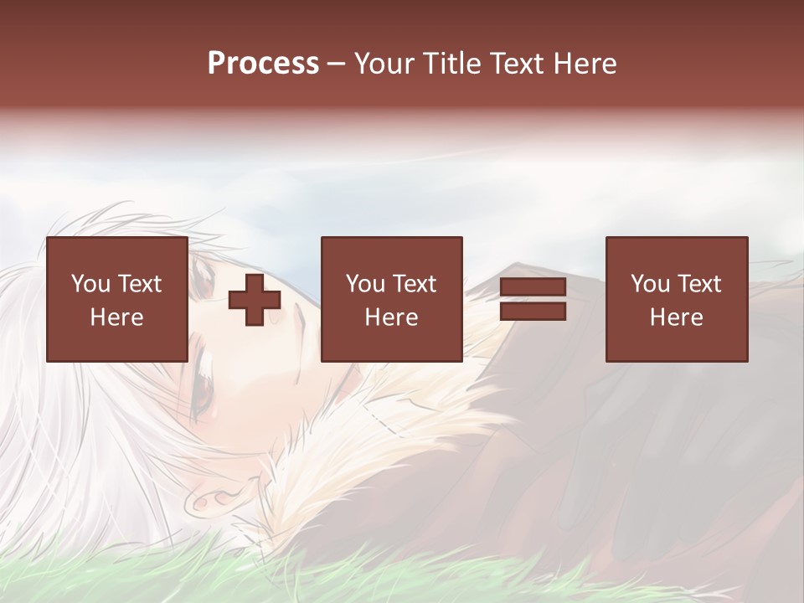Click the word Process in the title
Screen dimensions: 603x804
coord(263,64)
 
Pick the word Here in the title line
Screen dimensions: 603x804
coord(586,64)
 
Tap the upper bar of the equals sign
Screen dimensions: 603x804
coord(533,287)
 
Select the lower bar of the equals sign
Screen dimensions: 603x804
coord(533,312)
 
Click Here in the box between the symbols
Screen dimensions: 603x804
coord(392,317)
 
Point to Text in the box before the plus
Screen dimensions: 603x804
coord(139,284)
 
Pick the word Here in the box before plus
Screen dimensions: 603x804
coord(117,317)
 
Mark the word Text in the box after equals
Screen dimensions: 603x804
coord(699,284)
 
